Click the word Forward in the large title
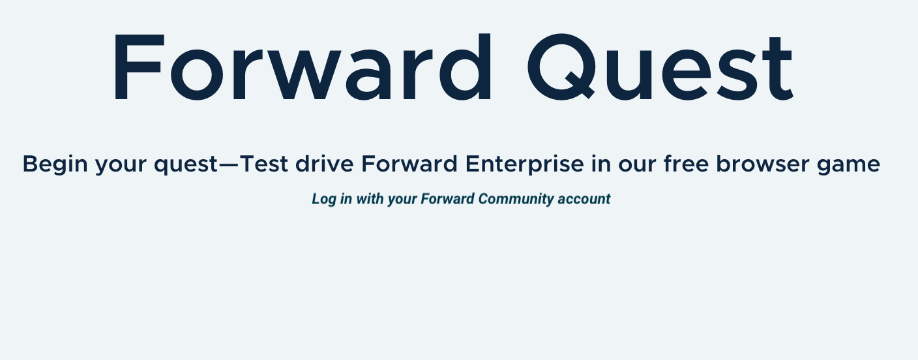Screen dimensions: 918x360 (x=302, y=67)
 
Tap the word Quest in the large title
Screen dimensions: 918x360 (x=660, y=67)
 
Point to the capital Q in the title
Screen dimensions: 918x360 (x=561, y=67)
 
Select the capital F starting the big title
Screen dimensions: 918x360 (x=138, y=67)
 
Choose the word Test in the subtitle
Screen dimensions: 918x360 (x=263, y=164)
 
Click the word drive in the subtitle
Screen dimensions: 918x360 (x=324, y=164)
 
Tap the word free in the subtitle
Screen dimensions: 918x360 (x=686, y=164)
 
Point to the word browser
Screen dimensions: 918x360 (x=763, y=164)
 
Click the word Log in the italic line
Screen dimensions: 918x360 (x=324, y=199)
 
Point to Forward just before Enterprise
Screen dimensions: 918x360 (x=409, y=164)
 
